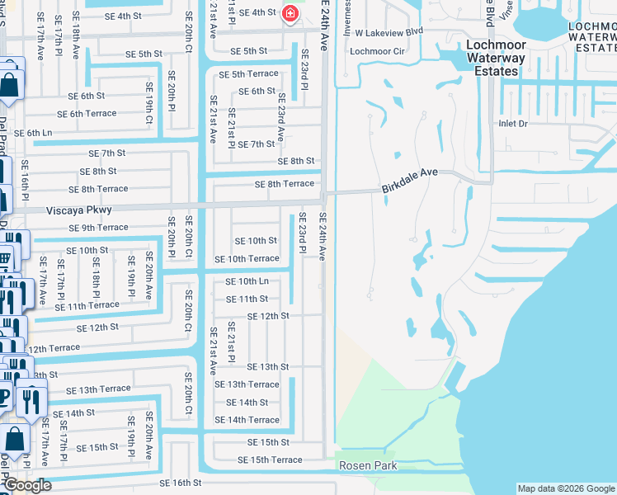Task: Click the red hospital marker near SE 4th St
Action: [290, 13]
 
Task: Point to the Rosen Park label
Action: [368, 466]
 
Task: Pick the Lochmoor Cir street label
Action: [377, 51]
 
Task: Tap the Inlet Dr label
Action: [512, 123]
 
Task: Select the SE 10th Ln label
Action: [247, 281]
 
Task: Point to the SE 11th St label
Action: [247, 299]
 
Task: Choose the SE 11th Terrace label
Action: [87, 305]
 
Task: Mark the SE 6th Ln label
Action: [33, 133]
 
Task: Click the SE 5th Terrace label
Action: [248, 74]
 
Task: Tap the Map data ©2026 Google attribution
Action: [566, 488]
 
